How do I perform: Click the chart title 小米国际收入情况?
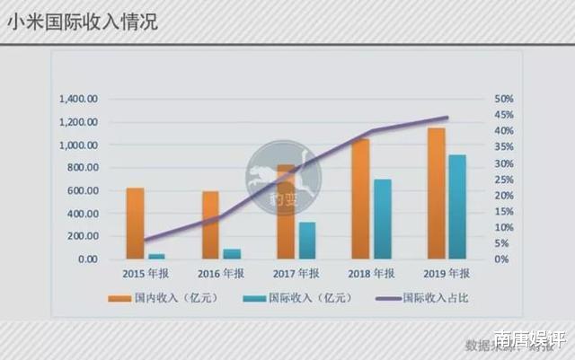tap(83, 21)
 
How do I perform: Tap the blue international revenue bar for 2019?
tap(457, 206)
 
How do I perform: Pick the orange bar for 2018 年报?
tap(360, 198)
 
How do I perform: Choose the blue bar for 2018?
tap(382, 219)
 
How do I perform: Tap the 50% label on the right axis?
tap(503, 99)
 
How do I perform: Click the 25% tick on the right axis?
tap(503, 180)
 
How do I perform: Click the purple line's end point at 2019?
tap(447, 118)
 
